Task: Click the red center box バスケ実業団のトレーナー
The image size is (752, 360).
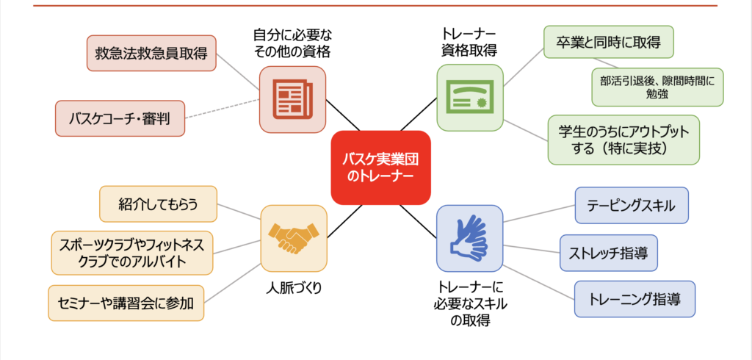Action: tap(380, 168)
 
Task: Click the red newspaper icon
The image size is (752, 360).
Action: tap(292, 98)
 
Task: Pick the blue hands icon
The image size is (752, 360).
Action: tap(470, 238)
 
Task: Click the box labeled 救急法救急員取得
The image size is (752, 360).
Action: tap(151, 53)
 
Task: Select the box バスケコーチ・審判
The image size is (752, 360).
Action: tap(120, 118)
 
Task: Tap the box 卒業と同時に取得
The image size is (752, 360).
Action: tap(608, 43)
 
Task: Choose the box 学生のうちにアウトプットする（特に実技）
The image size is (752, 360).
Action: tap(623, 140)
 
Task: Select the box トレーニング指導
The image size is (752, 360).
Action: tap(634, 299)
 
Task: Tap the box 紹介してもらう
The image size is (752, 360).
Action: tap(158, 204)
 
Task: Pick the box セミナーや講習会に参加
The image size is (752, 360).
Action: tap(126, 303)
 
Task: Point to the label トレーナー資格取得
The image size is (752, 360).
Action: tap(470, 43)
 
